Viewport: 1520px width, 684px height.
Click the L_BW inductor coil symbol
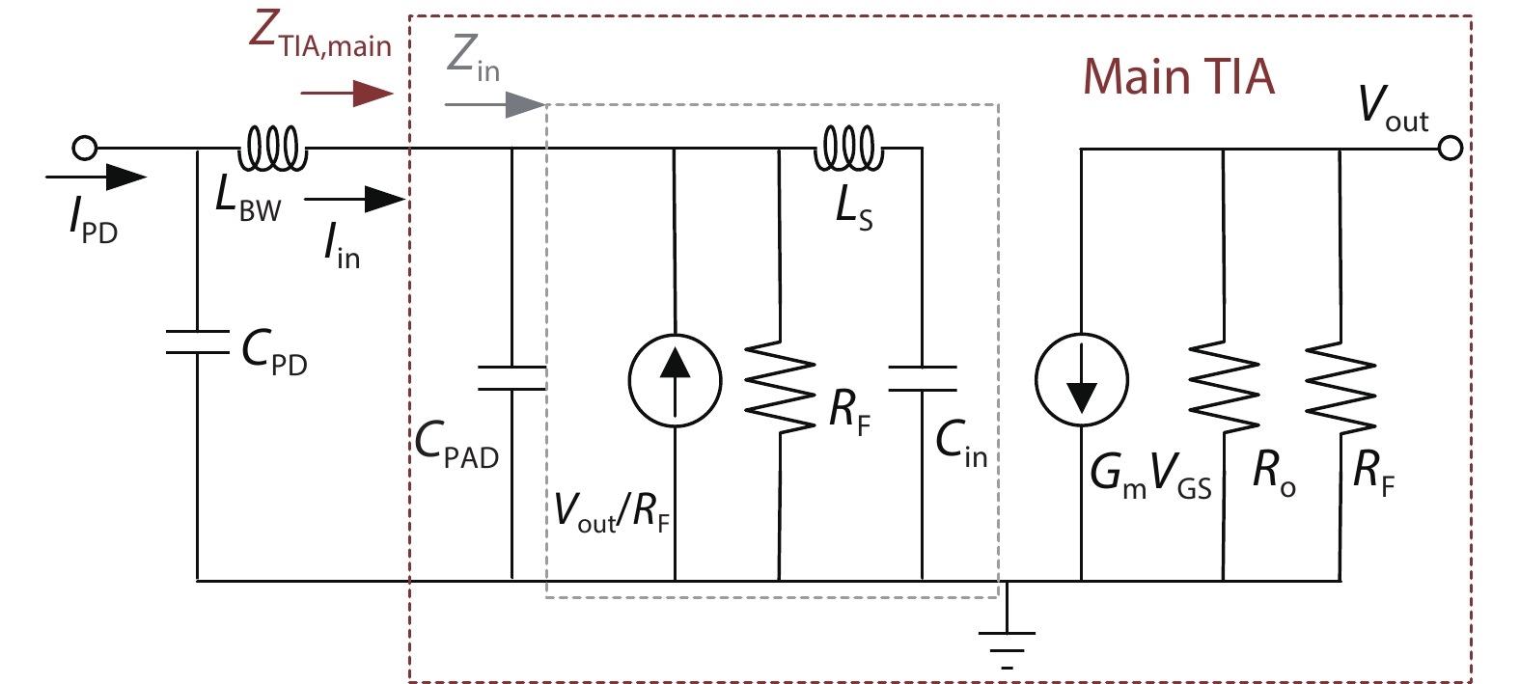(x=272, y=150)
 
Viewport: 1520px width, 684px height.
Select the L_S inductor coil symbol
(x=848, y=150)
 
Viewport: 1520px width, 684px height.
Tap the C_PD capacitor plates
(x=197, y=341)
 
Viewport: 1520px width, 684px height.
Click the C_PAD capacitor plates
(x=511, y=378)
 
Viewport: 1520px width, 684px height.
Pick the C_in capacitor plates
(x=922, y=378)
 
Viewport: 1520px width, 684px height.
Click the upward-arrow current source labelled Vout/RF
(x=675, y=379)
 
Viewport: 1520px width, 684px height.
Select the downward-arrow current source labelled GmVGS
(x=1081, y=379)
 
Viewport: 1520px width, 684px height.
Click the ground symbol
(x=1007, y=642)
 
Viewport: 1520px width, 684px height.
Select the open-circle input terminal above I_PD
(x=85, y=148)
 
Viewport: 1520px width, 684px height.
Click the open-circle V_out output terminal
(x=1450, y=148)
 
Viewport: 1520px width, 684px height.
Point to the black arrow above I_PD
(x=96, y=177)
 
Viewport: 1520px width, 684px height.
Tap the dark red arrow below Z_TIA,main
(x=346, y=94)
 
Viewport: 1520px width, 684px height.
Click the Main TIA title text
(x=1178, y=76)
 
